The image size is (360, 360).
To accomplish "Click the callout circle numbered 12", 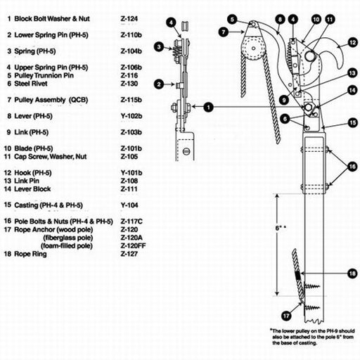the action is point(352,43).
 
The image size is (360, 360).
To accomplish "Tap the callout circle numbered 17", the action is point(286,316).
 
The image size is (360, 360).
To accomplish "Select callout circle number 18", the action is point(352,274).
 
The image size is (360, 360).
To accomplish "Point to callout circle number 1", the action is point(208,108).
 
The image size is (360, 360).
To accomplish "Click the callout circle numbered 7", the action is point(224,32).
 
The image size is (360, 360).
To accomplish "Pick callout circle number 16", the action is point(352,167).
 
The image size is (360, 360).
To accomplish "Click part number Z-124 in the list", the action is point(129,19).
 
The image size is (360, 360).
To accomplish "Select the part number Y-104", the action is point(129,205).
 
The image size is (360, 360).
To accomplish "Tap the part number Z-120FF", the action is point(133,246).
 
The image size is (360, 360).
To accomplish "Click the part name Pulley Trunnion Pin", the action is point(44,76).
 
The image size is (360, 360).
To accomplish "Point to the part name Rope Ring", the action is point(30,254).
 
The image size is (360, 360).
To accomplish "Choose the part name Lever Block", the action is point(32,189).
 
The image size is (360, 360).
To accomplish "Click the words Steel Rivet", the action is point(31,84).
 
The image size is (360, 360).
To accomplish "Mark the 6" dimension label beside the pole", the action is point(281,228).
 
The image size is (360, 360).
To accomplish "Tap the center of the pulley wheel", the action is point(253,49).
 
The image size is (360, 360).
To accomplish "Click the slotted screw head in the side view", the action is point(186,151).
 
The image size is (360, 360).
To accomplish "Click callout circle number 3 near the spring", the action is point(159,47).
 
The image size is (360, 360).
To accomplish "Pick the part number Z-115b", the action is point(131,100).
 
